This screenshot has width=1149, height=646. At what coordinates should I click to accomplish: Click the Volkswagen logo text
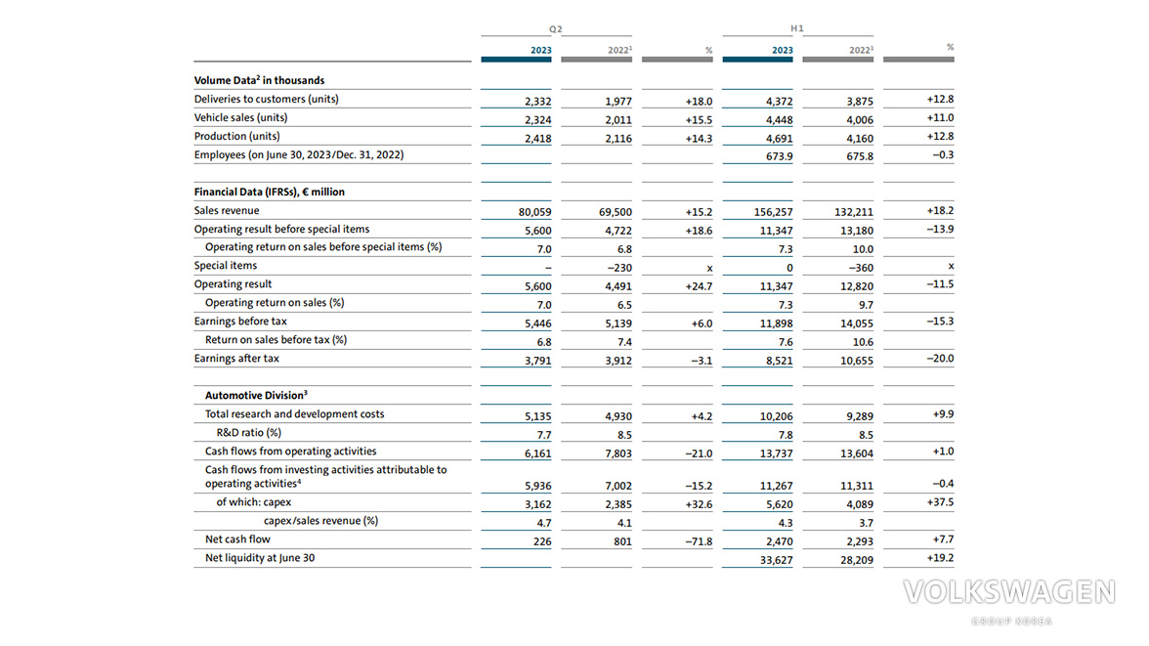point(1009,592)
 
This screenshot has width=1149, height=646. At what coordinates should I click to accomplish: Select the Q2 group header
point(555,29)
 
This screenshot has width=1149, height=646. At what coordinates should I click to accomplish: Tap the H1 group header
point(797,28)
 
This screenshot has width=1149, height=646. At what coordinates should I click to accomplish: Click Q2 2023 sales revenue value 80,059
point(535,212)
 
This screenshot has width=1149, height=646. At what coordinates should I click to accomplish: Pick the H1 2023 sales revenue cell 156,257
point(773,212)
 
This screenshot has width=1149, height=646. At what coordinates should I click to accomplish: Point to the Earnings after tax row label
point(236,359)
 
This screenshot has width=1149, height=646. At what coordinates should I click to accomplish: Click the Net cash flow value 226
point(542,541)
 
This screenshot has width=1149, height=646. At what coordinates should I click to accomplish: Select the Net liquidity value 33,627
point(776,560)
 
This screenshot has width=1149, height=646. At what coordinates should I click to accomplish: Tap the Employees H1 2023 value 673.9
point(779,156)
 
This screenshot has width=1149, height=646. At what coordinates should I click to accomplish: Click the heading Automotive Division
point(256,395)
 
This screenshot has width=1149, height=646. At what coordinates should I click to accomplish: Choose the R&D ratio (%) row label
point(249,433)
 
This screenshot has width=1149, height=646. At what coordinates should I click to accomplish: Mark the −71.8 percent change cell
point(699,541)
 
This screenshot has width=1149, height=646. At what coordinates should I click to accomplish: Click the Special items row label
point(226,266)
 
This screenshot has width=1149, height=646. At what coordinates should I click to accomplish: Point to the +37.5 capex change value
point(940,502)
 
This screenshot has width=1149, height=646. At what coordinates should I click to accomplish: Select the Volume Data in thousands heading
point(260,81)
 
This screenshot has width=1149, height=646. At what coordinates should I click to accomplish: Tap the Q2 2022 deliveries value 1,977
point(618,102)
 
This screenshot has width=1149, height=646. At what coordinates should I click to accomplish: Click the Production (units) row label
point(236,137)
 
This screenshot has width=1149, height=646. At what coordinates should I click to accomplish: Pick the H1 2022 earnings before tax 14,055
point(857,323)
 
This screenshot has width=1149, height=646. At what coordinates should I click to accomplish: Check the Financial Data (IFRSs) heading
point(269,193)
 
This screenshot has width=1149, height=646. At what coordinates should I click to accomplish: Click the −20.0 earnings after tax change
point(940,359)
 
